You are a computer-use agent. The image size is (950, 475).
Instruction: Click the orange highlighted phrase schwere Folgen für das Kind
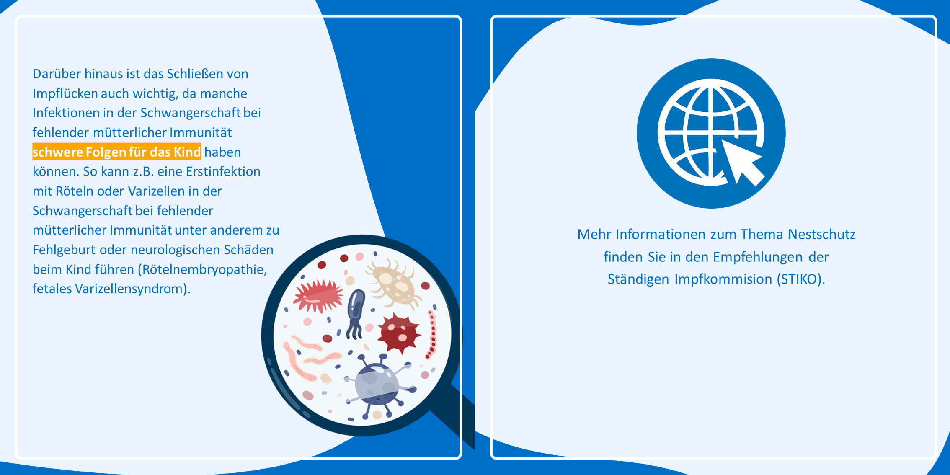tap(117, 152)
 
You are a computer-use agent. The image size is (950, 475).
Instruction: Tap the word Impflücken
tap(65, 93)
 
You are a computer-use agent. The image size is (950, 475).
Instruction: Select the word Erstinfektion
tap(223, 171)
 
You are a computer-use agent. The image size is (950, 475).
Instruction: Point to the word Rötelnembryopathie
tap(205, 269)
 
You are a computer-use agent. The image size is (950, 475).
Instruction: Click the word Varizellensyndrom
tap(129, 289)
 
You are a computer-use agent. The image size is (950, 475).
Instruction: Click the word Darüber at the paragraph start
tap(57, 74)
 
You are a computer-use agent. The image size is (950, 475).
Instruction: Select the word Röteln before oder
tap(74, 191)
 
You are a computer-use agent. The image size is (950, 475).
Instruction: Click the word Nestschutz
tap(821, 234)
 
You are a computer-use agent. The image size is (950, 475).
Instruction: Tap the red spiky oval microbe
tap(317, 296)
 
